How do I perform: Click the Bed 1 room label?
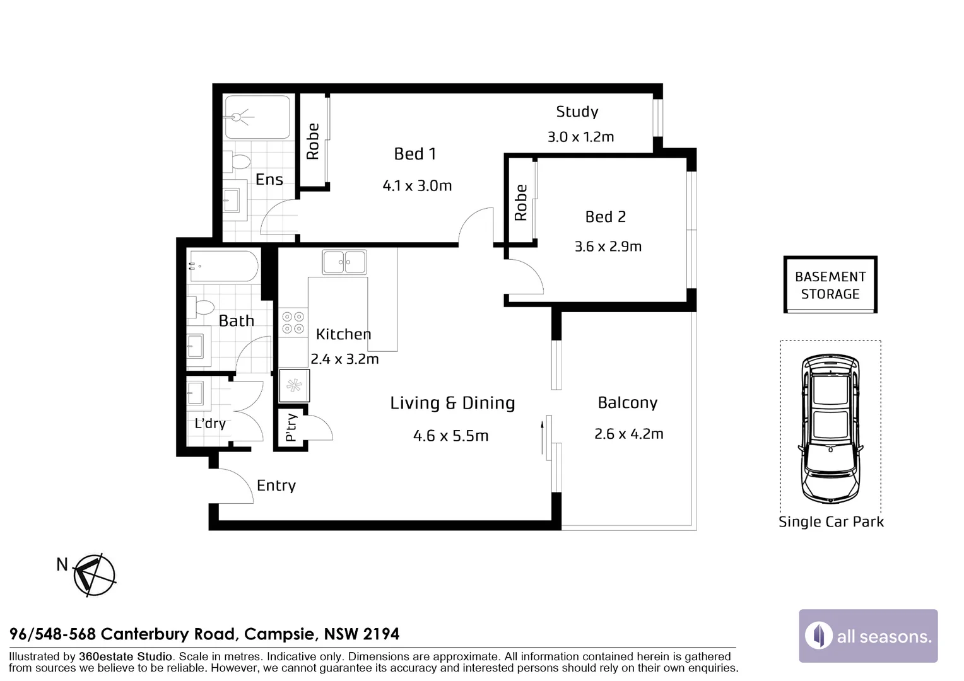coord(414,154)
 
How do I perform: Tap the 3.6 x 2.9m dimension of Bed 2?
coord(608,247)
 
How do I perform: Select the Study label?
coord(577,112)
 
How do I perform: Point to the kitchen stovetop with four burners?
coord(293,323)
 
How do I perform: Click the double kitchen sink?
coord(344,262)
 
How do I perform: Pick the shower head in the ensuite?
coord(238,117)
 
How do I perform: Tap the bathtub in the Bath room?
coord(223,267)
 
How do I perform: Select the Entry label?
coord(276,486)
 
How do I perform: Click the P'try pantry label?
coord(291,427)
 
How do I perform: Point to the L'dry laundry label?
coord(210,423)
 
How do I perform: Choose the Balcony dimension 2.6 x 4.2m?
coord(628,434)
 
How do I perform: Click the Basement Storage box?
coord(830,285)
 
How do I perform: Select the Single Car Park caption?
coord(831,522)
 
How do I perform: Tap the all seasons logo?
coord(868,636)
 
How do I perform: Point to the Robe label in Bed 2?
coord(520,202)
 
